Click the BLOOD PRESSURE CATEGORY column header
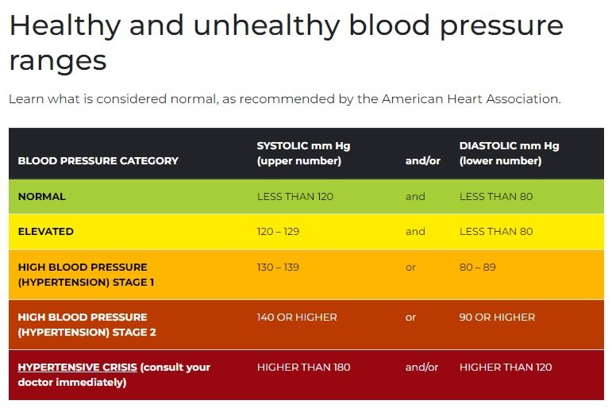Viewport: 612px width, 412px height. pyautogui.click(x=98, y=161)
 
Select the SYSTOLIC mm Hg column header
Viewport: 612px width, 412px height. pyautogui.click(x=303, y=153)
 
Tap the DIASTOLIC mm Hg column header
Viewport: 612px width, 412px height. pyautogui.click(x=509, y=153)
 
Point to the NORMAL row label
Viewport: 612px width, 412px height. pyautogui.click(x=41, y=197)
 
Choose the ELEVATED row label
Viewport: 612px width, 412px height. pyautogui.click(x=45, y=232)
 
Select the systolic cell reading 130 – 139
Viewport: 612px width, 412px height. pyautogui.click(x=278, y=268)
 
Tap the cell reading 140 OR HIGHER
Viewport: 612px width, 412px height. pyautogui.click(x=297, y=318)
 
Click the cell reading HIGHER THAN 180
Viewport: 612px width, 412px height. pyautogui.click(x=303, y=368)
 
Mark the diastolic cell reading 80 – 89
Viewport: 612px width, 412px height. pyautogui.click(x=477, y=268)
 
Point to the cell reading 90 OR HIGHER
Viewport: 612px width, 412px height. pyautogui.click(x=497, y=318)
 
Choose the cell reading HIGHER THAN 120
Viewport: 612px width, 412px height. pyautogui.click(x=506, y=368)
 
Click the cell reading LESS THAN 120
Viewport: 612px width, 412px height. pyautogui.click(x=295, y=197)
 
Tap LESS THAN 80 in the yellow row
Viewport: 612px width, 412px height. pyautogui.click(x=496, y=232)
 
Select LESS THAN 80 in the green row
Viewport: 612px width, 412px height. pyautogui.click(x=496, y=197)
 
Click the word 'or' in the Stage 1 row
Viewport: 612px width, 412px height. pyautogui.click(x=410, y=268)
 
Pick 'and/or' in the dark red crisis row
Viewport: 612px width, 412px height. pyautogui.click(x=421, y=368)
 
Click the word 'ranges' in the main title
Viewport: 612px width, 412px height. pyautogui.click(x=57, y=60)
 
